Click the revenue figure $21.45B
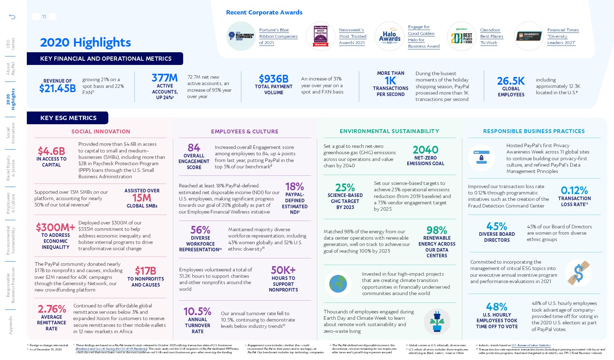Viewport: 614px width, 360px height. pos(58,89)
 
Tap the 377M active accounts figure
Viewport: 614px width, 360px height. pos(164,78)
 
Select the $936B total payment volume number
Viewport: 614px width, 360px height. pos(273,79)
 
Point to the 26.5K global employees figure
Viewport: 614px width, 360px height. pos(511,81)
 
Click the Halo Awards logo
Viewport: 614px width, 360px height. pos(389,36)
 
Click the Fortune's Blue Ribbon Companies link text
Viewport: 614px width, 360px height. pos(278,36)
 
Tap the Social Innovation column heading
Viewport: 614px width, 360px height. pos(101,132)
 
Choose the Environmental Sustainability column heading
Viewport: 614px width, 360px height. pos(389,131)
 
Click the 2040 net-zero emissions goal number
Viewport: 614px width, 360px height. pos(425,150)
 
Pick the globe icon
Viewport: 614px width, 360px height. pos(338,283)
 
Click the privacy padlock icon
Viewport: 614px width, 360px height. pos(481,158)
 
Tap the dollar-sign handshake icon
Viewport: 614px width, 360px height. pos(578,272)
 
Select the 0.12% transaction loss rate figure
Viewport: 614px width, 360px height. pos(574,191)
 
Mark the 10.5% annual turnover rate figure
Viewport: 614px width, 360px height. pos(197,312)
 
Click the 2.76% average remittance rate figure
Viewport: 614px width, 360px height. pos(52,309)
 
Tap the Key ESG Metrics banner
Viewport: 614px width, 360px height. pos(68,118)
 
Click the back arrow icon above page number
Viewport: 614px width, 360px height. pos(12,17)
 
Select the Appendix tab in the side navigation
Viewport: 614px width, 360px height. pos(11,325)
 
